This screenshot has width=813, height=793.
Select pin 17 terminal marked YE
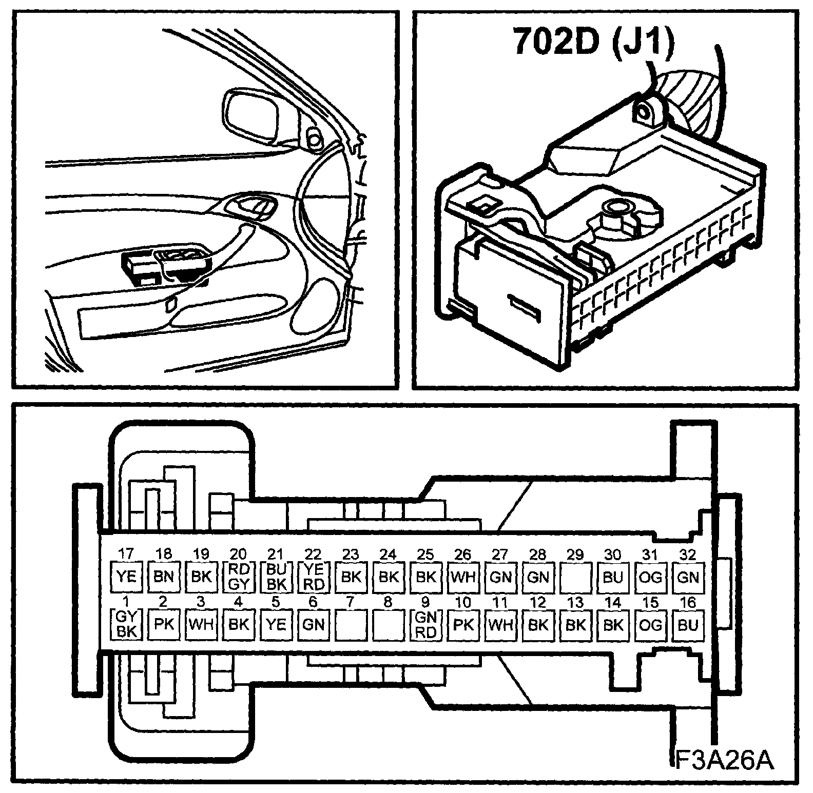(126, 577)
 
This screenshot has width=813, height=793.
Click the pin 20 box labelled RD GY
(239, 577)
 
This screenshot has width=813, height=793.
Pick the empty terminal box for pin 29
(575, 577)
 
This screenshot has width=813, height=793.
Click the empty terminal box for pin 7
(351, 625)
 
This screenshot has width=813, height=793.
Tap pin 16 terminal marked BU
(688, 625)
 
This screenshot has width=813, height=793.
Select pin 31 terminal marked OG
(650, 577)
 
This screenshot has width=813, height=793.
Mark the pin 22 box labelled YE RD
(314, 577)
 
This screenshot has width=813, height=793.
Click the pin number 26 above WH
(463, 554)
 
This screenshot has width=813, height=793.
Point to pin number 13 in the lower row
(575, 602)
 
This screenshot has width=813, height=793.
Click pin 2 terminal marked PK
(163, 625)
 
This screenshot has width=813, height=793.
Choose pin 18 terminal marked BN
(163, 577)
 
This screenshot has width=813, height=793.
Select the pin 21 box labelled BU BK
(276, 577)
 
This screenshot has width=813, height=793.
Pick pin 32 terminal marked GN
(688, 577)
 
